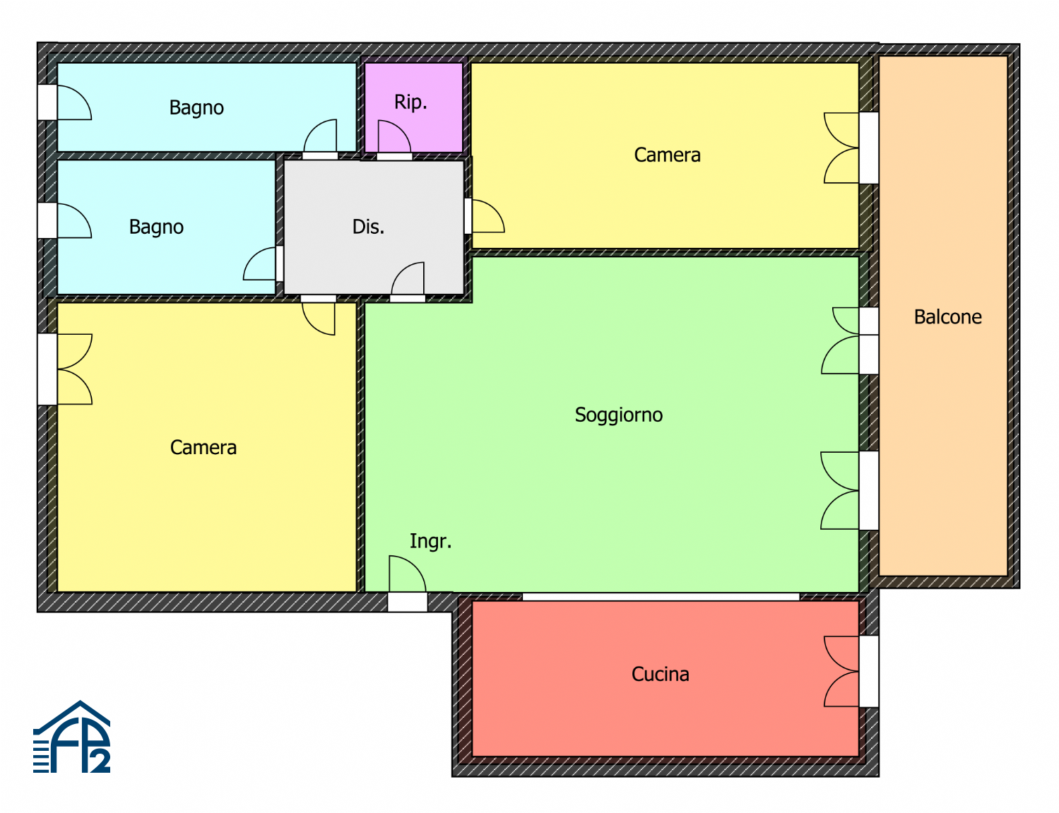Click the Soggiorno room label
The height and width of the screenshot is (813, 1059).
point(618,415)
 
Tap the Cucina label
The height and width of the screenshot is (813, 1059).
point(660,674)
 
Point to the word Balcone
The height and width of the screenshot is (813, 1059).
point(947,317)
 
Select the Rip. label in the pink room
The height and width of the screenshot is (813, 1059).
point(410,102)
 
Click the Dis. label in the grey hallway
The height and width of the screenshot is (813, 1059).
point(368,227)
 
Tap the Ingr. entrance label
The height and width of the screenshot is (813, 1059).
point(430,542)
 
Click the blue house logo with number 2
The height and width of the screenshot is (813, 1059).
point(71,737)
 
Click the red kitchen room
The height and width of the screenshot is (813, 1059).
point(665,679)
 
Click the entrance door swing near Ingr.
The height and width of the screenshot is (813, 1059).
point(408,574)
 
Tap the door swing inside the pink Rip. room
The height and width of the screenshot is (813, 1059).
point(394,136)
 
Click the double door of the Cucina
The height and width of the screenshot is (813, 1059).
point(841,671)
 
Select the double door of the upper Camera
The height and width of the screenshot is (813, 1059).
point(841,148)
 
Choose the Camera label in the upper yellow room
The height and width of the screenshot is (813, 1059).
point(667,155)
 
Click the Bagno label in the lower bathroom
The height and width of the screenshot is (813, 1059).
point(156,227)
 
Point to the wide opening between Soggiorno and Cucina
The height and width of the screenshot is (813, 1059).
point(661,597)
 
